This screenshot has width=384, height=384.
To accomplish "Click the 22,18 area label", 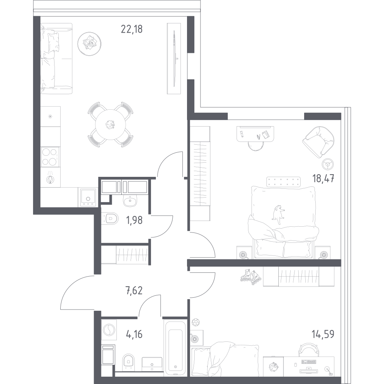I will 132,29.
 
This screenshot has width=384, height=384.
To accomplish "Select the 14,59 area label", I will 323,334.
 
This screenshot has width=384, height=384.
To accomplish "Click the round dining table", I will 111,124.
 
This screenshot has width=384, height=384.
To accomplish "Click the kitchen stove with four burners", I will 50,156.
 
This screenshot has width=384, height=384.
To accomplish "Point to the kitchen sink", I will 89,196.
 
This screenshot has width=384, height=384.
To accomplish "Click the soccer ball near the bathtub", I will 195,321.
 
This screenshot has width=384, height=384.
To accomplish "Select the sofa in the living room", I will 56,58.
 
